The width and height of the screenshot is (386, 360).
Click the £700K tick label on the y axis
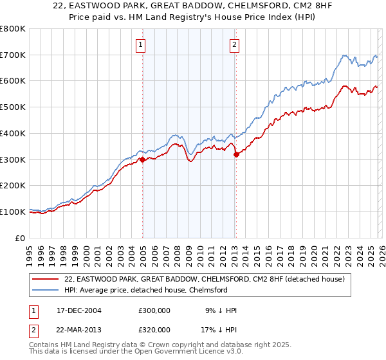13,55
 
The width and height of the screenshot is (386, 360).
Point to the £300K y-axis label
13,159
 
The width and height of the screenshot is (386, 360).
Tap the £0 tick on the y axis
21,238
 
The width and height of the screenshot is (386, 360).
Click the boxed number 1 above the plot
140,44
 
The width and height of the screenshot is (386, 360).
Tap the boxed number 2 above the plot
234,44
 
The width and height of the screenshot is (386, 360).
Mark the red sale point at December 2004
142,160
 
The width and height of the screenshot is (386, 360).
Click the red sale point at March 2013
236,154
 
